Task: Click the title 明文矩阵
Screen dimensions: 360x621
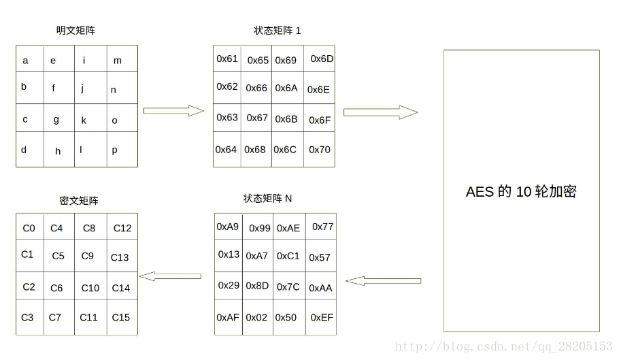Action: (75, 31)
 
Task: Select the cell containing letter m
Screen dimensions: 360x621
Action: (122, 60)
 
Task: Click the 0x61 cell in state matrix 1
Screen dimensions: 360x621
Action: (227, 59)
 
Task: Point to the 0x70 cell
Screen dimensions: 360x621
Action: (320, 150)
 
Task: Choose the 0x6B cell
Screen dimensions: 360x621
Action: (286, 119)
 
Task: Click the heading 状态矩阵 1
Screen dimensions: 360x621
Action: (277, 31)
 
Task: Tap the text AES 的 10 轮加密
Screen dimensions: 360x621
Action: (521, 192)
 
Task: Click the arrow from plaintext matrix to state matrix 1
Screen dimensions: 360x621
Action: (173, 111)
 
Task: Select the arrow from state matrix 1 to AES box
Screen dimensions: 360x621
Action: (380, 112)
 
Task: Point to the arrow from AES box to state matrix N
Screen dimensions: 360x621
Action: (383, 280)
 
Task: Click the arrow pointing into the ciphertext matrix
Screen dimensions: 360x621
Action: (170, 276)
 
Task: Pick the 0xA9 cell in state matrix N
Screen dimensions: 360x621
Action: (228, 227)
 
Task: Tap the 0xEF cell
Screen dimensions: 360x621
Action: (322, 317)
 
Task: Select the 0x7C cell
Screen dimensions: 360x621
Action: (288, 287)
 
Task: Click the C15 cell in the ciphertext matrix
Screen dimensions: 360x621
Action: (121, 317)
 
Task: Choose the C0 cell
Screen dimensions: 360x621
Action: (29, 228)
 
